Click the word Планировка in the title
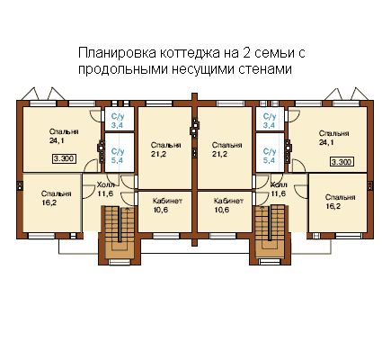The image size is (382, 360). [x=117, y=53]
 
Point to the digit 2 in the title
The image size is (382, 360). [x=244, y=53]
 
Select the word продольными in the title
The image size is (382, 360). [x=122, y=69]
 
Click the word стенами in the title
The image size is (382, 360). [x=265, y=69]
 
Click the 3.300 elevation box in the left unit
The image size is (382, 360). [x=64, y=158]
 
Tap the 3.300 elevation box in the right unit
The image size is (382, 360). [x=342, y=162]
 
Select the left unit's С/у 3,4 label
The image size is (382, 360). [x=118, y=121]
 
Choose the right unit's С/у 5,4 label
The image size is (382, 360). [x=269, y=156]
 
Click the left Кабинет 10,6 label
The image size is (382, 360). [x=167, y=205]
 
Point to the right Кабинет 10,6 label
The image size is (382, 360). [x=228, y=205]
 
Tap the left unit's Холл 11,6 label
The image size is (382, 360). [x=106, y=189]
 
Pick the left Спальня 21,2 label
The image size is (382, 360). [x=165, y=149]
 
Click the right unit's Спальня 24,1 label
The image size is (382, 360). [x=333, y=138]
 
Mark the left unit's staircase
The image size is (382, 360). [x=120, y=231]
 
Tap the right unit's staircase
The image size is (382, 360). [x=270, y=231]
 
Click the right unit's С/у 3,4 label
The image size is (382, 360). [x=269, y=121]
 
